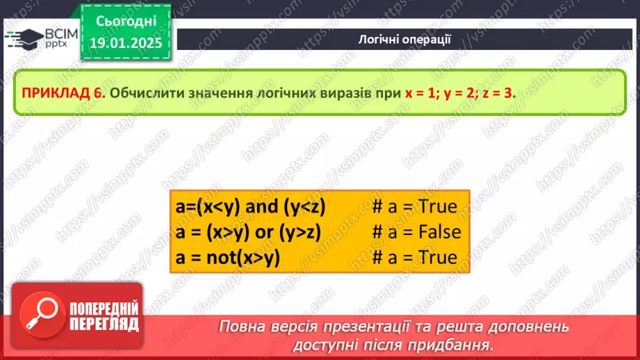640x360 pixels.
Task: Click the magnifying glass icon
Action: click(x=39, y=315)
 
